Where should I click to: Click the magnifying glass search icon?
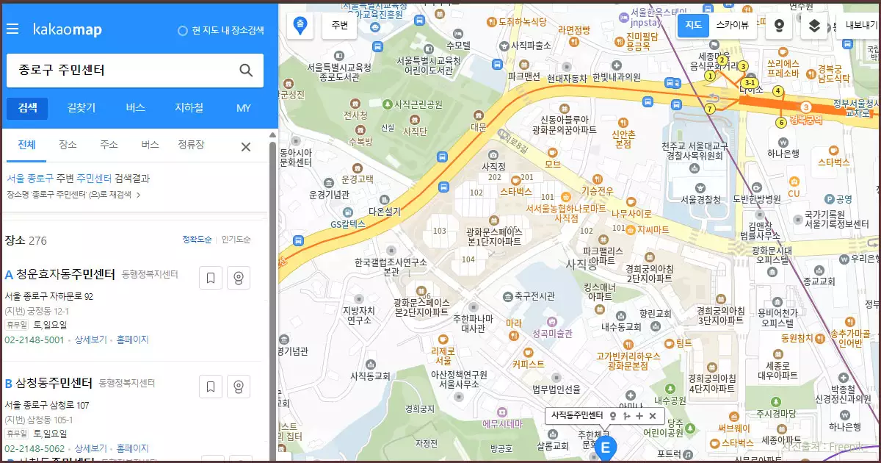point(246,71)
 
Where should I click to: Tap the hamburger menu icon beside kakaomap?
point(12,29)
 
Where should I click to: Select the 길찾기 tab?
point(81,108)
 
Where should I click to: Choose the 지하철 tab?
point(189,108)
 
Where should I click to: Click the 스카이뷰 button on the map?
point(732,25)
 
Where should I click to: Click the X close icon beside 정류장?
point(246,147)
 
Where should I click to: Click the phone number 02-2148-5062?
point(35,448)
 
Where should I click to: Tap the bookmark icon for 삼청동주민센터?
point(210,387)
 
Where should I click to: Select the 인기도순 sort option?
point(236,240)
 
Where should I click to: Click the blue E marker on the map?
point(606,448)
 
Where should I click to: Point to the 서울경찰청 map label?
point(700,199)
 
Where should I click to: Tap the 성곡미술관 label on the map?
point(551,333)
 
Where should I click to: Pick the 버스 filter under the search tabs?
point(150,145)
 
